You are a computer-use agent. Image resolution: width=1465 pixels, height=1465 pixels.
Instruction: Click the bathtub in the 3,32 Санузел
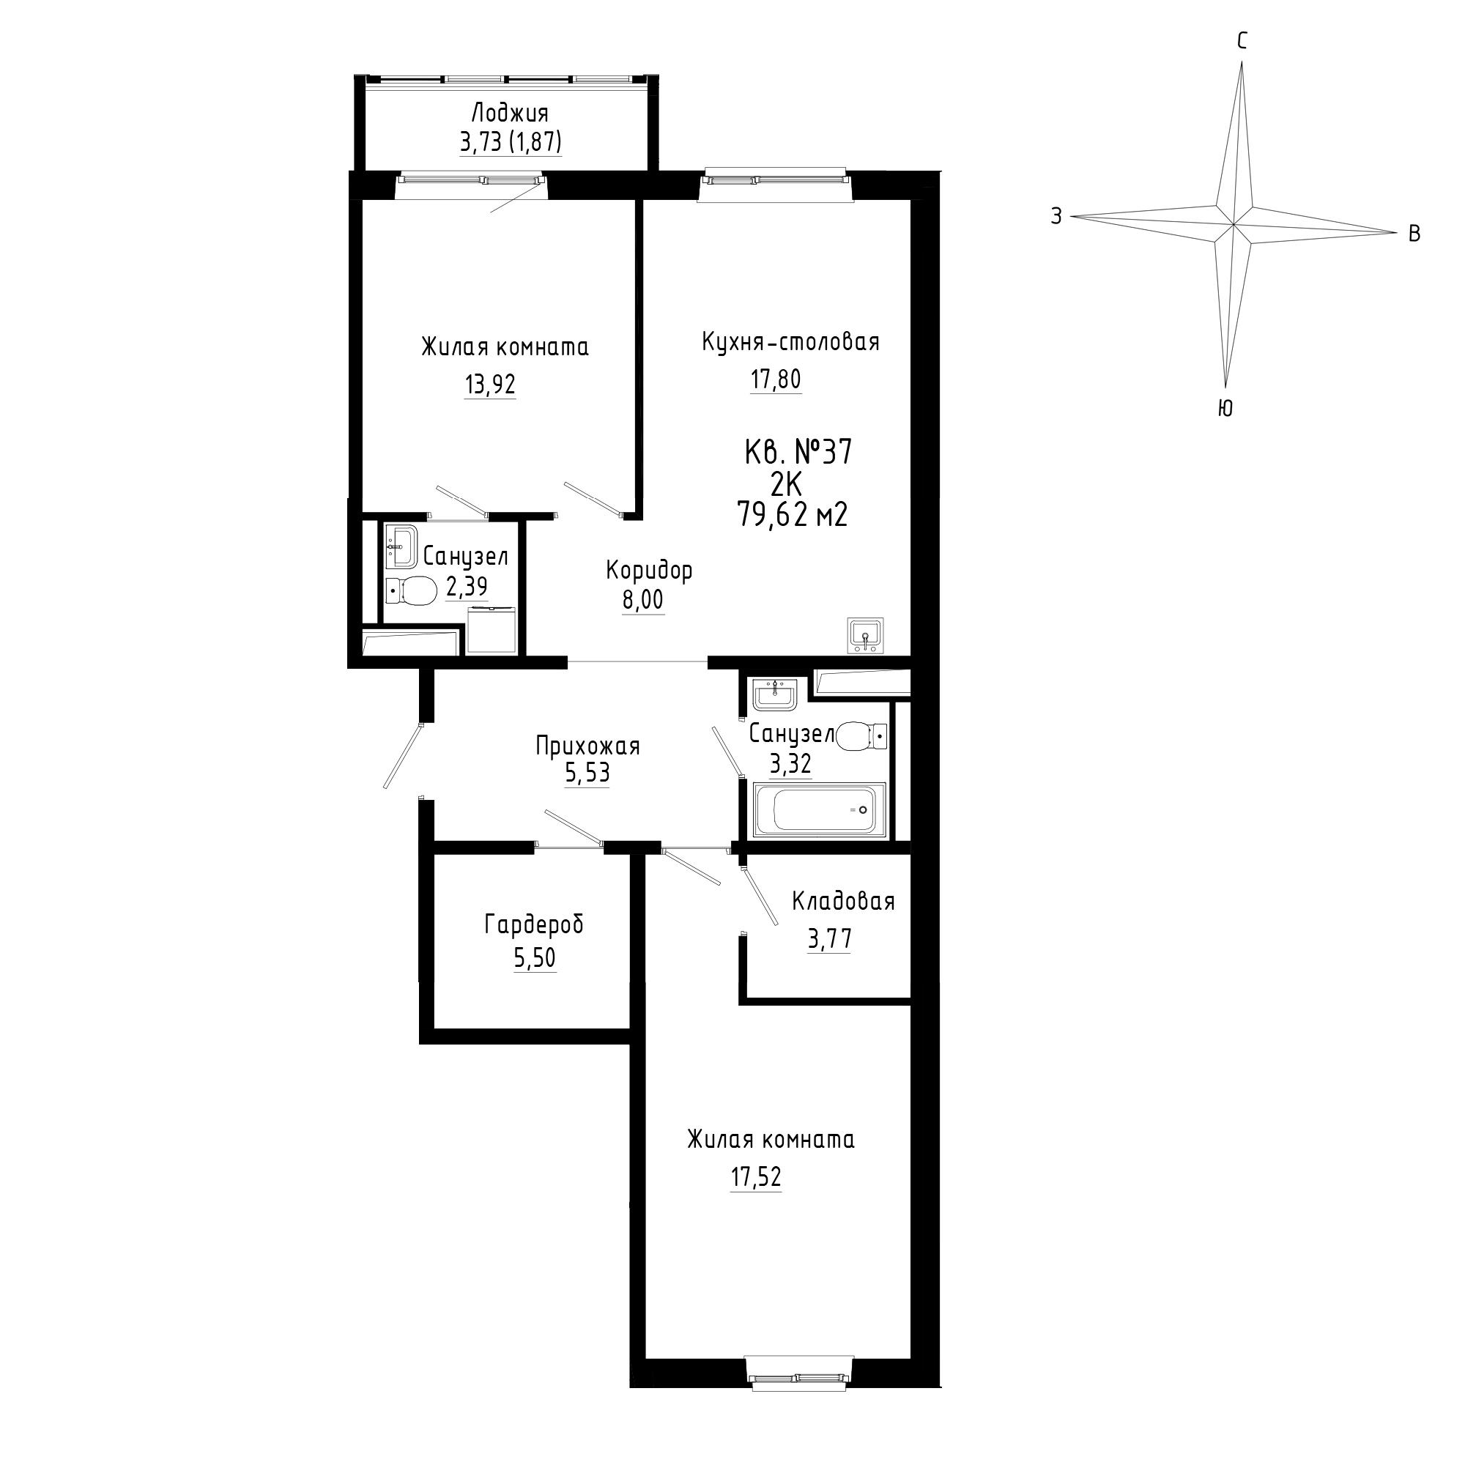point(819,811)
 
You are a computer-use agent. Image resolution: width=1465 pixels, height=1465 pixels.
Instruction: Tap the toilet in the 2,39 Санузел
point(411,589)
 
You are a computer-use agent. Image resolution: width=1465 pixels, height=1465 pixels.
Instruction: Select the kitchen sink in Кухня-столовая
point(864,634)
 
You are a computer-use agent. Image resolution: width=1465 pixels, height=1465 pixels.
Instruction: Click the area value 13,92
point(490,385)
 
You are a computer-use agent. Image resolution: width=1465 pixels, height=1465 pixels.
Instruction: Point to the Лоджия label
point(510,114)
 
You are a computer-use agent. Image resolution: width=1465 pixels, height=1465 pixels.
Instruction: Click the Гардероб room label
point(535,925)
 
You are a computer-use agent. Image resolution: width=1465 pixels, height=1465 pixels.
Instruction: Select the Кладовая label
point(843,901)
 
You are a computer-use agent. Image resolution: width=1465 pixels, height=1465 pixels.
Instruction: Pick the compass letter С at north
point(1242,41)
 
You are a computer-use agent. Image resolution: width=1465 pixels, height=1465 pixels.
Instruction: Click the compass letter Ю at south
point(1225,409)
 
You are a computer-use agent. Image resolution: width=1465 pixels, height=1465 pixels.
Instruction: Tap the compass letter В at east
point(1414,234)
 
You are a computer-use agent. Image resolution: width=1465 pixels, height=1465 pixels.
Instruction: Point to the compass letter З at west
point(1056,217)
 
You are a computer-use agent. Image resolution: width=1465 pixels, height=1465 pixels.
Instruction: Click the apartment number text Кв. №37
point(798,453)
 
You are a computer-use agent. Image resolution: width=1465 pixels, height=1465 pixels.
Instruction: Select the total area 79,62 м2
point(793,516)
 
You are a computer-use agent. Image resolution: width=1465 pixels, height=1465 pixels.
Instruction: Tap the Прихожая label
point(587,746)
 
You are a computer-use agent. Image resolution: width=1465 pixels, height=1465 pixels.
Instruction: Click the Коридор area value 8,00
point(643,600)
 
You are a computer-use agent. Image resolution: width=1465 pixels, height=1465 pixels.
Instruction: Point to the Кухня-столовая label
point(791,342)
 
